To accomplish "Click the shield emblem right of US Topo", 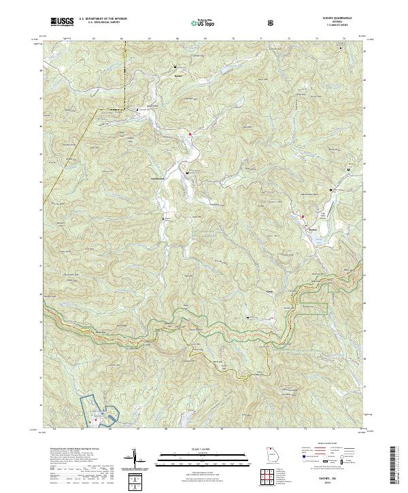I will point(233,23).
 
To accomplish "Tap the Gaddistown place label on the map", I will point(159,179).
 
